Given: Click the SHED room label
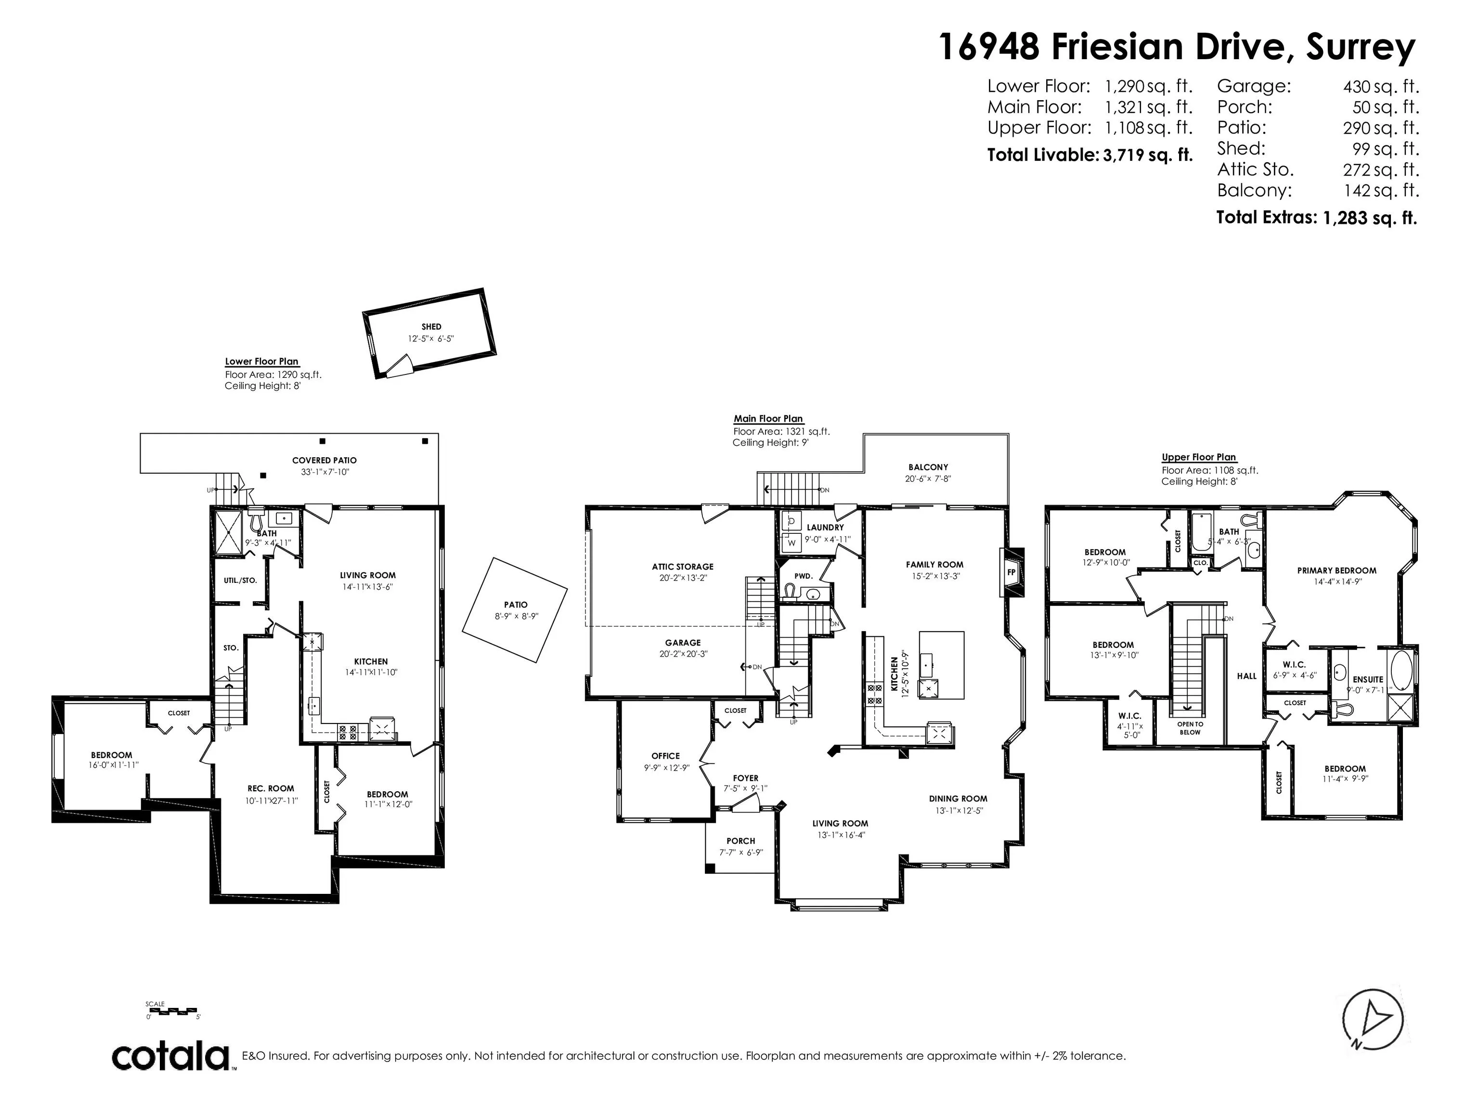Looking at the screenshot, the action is (x=431, y=327).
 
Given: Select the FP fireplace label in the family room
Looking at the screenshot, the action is (x=1012, y=572).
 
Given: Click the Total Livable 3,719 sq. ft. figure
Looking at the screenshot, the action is (x=1090, y=155).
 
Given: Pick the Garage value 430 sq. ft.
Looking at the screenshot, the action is (x=1381, y=86).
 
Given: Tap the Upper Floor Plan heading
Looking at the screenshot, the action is (x=1199, y=457).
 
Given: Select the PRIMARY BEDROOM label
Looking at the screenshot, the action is (x=1336, y=570).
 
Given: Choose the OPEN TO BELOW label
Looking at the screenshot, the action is (x=1190, y=728).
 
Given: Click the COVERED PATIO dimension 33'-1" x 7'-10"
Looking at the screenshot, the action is (x=325, y=472).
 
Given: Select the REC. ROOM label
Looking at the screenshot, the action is (x=271, y=788).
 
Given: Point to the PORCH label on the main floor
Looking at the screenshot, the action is (x=741, y=841).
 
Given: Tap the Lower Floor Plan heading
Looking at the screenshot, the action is (x=261, y=361).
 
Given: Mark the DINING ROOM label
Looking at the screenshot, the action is (x=958, y=798).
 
